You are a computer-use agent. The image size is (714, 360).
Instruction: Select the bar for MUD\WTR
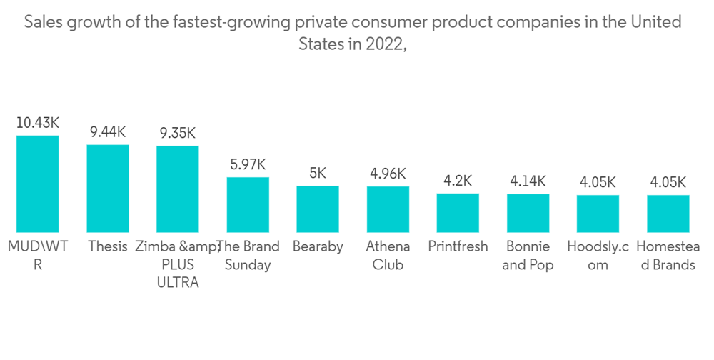coord(38,184)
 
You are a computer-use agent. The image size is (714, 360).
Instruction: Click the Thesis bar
coord(108,189)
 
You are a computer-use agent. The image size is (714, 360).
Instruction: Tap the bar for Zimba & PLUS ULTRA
coord(178,189)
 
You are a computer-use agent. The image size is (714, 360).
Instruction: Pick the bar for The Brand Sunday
coord(248,205)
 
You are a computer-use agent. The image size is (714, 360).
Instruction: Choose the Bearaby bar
coord(318,209)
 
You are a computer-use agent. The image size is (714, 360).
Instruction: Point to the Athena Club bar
coord(388,209)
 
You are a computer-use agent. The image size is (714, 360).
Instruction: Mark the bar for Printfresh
coord(458,213)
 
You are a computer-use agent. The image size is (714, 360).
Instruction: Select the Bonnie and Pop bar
coord(528,213)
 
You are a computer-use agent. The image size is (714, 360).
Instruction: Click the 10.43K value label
coord(38,123)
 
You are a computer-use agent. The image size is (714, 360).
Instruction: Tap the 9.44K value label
coord(108,132)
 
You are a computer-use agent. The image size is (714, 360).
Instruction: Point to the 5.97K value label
coord(248,164)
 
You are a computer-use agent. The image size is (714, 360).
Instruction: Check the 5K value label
coord(318,173)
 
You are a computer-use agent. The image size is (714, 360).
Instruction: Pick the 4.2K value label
coord(458,181)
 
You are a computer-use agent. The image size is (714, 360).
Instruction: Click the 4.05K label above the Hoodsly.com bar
coord(598,182)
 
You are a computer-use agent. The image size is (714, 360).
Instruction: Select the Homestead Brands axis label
coord(668,256)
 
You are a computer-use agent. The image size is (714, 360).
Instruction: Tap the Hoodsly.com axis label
coord(598,256)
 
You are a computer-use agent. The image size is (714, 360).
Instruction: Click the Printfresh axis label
coord(458,247)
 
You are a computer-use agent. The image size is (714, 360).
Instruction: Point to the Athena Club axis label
coord(388,256)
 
